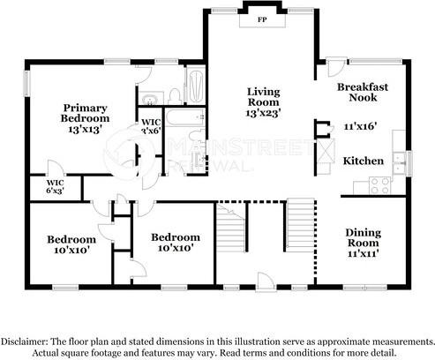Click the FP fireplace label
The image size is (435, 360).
261,19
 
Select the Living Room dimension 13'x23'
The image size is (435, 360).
263,114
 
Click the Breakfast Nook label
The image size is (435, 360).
362,94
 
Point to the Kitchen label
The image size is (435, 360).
363,161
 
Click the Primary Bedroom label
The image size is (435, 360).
85,111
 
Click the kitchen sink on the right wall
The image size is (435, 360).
401,160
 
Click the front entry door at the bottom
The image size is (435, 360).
263,281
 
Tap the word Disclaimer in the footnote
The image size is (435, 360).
26,341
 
